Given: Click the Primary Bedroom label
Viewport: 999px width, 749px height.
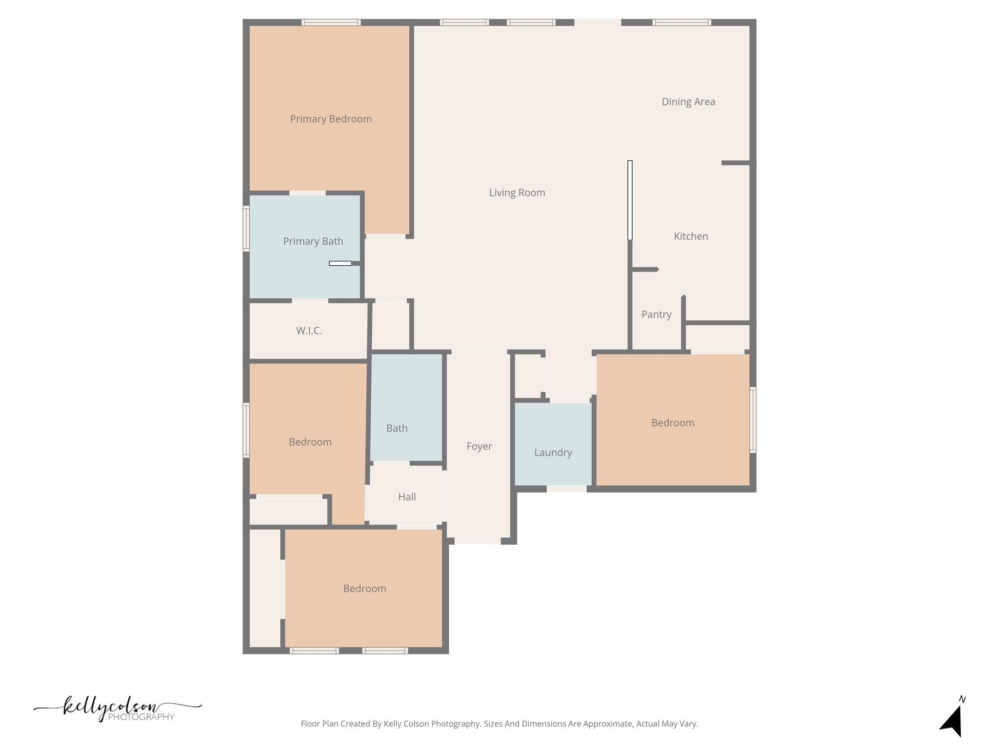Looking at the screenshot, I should pyautogui.click(x=331, y=119).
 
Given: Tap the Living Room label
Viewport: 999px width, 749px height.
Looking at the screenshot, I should pyautogui.click(x=517, y=193).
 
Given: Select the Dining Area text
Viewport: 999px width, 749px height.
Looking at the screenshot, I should pyautogui.click(x=688, y=102).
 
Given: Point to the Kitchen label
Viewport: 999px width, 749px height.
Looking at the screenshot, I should pyautogui.click(x=691, y=237).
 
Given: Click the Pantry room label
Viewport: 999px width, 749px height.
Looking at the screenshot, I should pyautogui.click(x=656, y=315).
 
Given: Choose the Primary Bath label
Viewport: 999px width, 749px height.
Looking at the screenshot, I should pyautogui.click(x=313, y=241).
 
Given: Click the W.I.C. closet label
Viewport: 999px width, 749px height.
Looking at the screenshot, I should pyautogui.click(x=309, y=331).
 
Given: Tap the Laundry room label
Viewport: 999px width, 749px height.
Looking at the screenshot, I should pyautogui.click(x=553, y=453).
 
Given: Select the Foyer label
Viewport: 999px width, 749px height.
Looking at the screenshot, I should pyautogui.click(x=479, y=446).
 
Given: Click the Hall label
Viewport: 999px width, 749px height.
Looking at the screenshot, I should pyautogui.click(x=407, y=497).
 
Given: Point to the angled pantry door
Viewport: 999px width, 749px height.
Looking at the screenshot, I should pyautogui.click(x=670, y=283).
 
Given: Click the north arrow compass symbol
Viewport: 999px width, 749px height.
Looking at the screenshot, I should pyautogui.click(x=953, y=719).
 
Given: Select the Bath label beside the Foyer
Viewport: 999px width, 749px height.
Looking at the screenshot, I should pyautogui.click(x=397, y=428).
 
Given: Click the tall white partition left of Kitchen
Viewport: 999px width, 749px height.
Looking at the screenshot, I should pyautogui.click(x=630, y=200).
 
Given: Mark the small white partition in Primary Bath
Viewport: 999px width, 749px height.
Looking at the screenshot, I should pyautogui.click(x=340, y=263).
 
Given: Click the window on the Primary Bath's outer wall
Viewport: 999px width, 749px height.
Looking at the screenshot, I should pyautogui.click(x=246, y=228).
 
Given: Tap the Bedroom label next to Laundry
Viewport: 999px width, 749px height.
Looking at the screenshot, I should pyautogui.click(x=673, y=423).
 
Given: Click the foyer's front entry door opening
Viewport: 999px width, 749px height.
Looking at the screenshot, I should pyautogui.click(x=478, y=541).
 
